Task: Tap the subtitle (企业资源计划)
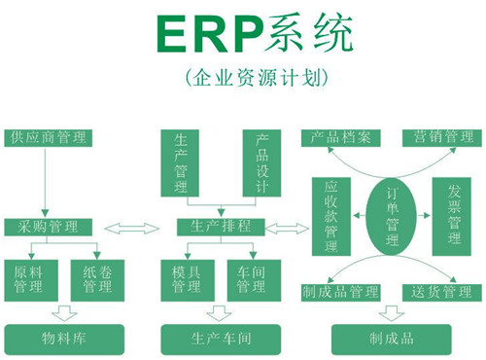(243, 75)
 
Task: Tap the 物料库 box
(56, 339)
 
